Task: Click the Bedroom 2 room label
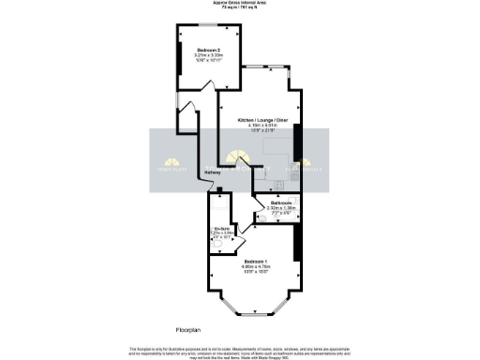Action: coord(207,50)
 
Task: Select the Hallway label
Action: coord(213,172)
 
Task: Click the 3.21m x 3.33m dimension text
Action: coord(207,56)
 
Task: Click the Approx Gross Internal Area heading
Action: coord(240,4)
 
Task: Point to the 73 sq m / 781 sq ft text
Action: coord(240,9)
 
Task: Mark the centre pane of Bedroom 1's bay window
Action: coord(253,312)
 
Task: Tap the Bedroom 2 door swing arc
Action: coord(186,111)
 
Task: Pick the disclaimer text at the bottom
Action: coord(240,351)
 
